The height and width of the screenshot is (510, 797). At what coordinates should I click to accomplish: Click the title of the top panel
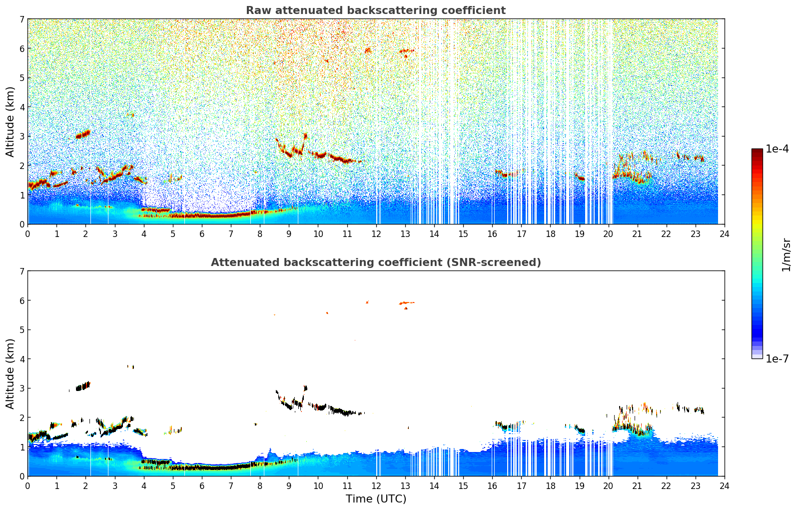pos(375,10)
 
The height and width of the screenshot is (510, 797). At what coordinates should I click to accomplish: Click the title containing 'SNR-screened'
pos(375,262)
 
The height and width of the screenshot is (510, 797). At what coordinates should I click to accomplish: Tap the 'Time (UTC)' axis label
pos(376,499)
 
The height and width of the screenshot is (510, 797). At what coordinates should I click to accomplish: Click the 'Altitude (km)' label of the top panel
pos(10,121)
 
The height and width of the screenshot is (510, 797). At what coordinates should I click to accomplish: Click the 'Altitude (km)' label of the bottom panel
pos(10,373)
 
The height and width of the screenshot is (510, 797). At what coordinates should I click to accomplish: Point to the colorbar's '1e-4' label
pos(777,149)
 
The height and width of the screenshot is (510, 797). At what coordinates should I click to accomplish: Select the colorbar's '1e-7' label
pos(777,359)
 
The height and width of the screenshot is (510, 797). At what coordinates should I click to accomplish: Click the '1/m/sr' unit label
pos(786,254)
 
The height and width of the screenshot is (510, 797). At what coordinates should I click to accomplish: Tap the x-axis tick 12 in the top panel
pos(376,233)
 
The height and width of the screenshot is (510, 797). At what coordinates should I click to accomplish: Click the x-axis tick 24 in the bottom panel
pos(724,485)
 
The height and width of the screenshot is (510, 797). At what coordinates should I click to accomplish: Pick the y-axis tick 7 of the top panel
pos(22,19)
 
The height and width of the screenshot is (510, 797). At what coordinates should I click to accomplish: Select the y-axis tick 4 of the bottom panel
pos(22,359)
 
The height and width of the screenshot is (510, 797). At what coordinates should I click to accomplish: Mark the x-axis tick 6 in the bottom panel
pos(202,485)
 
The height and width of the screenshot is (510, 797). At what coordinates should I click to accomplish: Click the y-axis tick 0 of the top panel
pos(22,224)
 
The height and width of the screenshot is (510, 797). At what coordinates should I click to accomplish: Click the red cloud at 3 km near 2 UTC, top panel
pos(83,134)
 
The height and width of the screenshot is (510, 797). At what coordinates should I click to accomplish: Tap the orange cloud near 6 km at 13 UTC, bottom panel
pos(406,302)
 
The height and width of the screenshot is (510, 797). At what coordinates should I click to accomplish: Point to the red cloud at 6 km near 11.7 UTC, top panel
pos(368,50)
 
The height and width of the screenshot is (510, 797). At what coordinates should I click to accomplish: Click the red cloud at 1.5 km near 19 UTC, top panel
pos(580,177)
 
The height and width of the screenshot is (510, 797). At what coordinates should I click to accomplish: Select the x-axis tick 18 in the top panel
pos(550,233)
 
